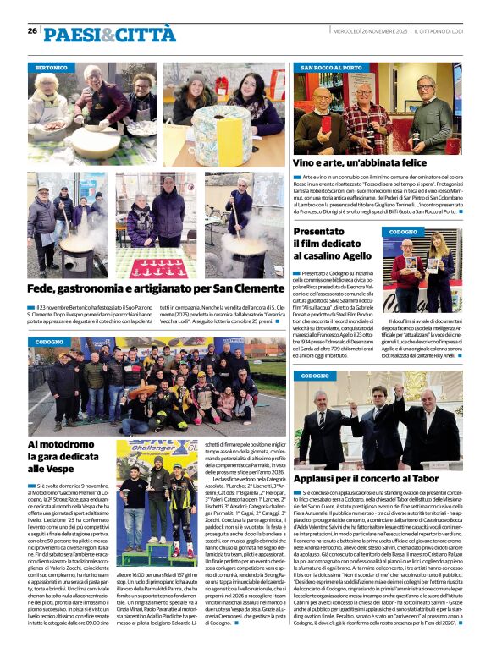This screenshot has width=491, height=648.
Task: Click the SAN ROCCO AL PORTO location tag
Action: point(331,67)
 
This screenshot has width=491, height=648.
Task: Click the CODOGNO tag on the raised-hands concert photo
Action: point(314,376)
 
